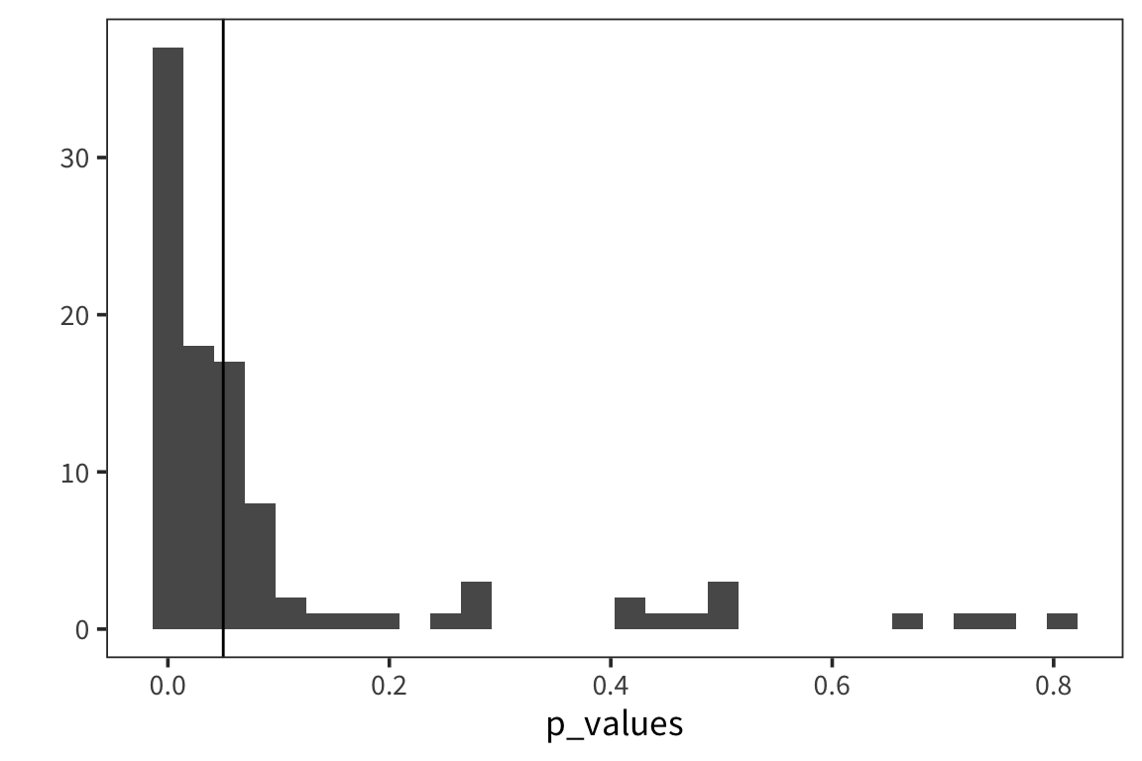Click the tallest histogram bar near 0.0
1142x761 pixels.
point(168,337)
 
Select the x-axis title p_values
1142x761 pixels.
point(615,723)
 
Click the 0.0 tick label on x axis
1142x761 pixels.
point(168,686)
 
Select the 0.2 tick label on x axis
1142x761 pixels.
point(390,686)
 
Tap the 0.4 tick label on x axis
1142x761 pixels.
point(611,686)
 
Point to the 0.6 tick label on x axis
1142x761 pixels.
point(833,686)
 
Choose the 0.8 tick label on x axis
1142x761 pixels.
point(1054,686)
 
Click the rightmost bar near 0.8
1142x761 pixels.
point(1062,621)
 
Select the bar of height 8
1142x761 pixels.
point(260,566)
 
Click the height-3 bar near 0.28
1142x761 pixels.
point(476,605)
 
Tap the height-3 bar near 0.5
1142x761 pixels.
point(723,605)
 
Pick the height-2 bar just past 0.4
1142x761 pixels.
point(629,613)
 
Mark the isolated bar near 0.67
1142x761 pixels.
point(907,621)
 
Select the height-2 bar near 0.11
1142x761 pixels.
point(290,613)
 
